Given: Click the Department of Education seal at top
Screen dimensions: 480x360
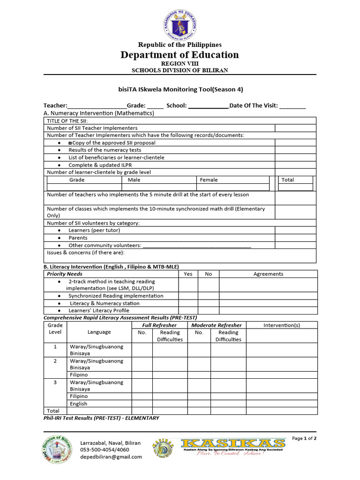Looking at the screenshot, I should pos(180,23).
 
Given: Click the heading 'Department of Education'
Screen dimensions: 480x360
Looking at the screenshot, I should pos(180,55).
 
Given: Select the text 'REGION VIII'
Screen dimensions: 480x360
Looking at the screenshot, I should pos(180,63).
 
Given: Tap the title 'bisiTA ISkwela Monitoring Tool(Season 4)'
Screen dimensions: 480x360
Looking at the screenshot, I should pos(180,89).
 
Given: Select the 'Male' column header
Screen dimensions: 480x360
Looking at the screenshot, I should pos(134,180).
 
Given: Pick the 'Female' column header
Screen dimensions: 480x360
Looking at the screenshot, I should pos(209,180).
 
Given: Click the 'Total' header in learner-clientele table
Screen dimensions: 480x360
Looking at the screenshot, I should pos(288,180).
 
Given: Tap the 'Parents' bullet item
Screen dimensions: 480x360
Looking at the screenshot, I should pos(78,238).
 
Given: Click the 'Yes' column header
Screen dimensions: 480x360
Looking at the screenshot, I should pos(188,274).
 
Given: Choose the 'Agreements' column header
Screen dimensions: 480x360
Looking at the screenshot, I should pos(268,274).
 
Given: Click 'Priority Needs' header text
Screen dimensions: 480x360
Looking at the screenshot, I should pos(65,274).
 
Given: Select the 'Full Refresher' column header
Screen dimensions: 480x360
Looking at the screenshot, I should pos(159,325).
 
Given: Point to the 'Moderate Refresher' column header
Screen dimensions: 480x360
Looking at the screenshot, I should pos(217,325).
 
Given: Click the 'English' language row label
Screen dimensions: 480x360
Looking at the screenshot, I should pos(78,404).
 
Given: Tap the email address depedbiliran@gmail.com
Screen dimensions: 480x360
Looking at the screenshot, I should pos(111,457).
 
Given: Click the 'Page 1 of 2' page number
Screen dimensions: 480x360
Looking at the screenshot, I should pos(304,439).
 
